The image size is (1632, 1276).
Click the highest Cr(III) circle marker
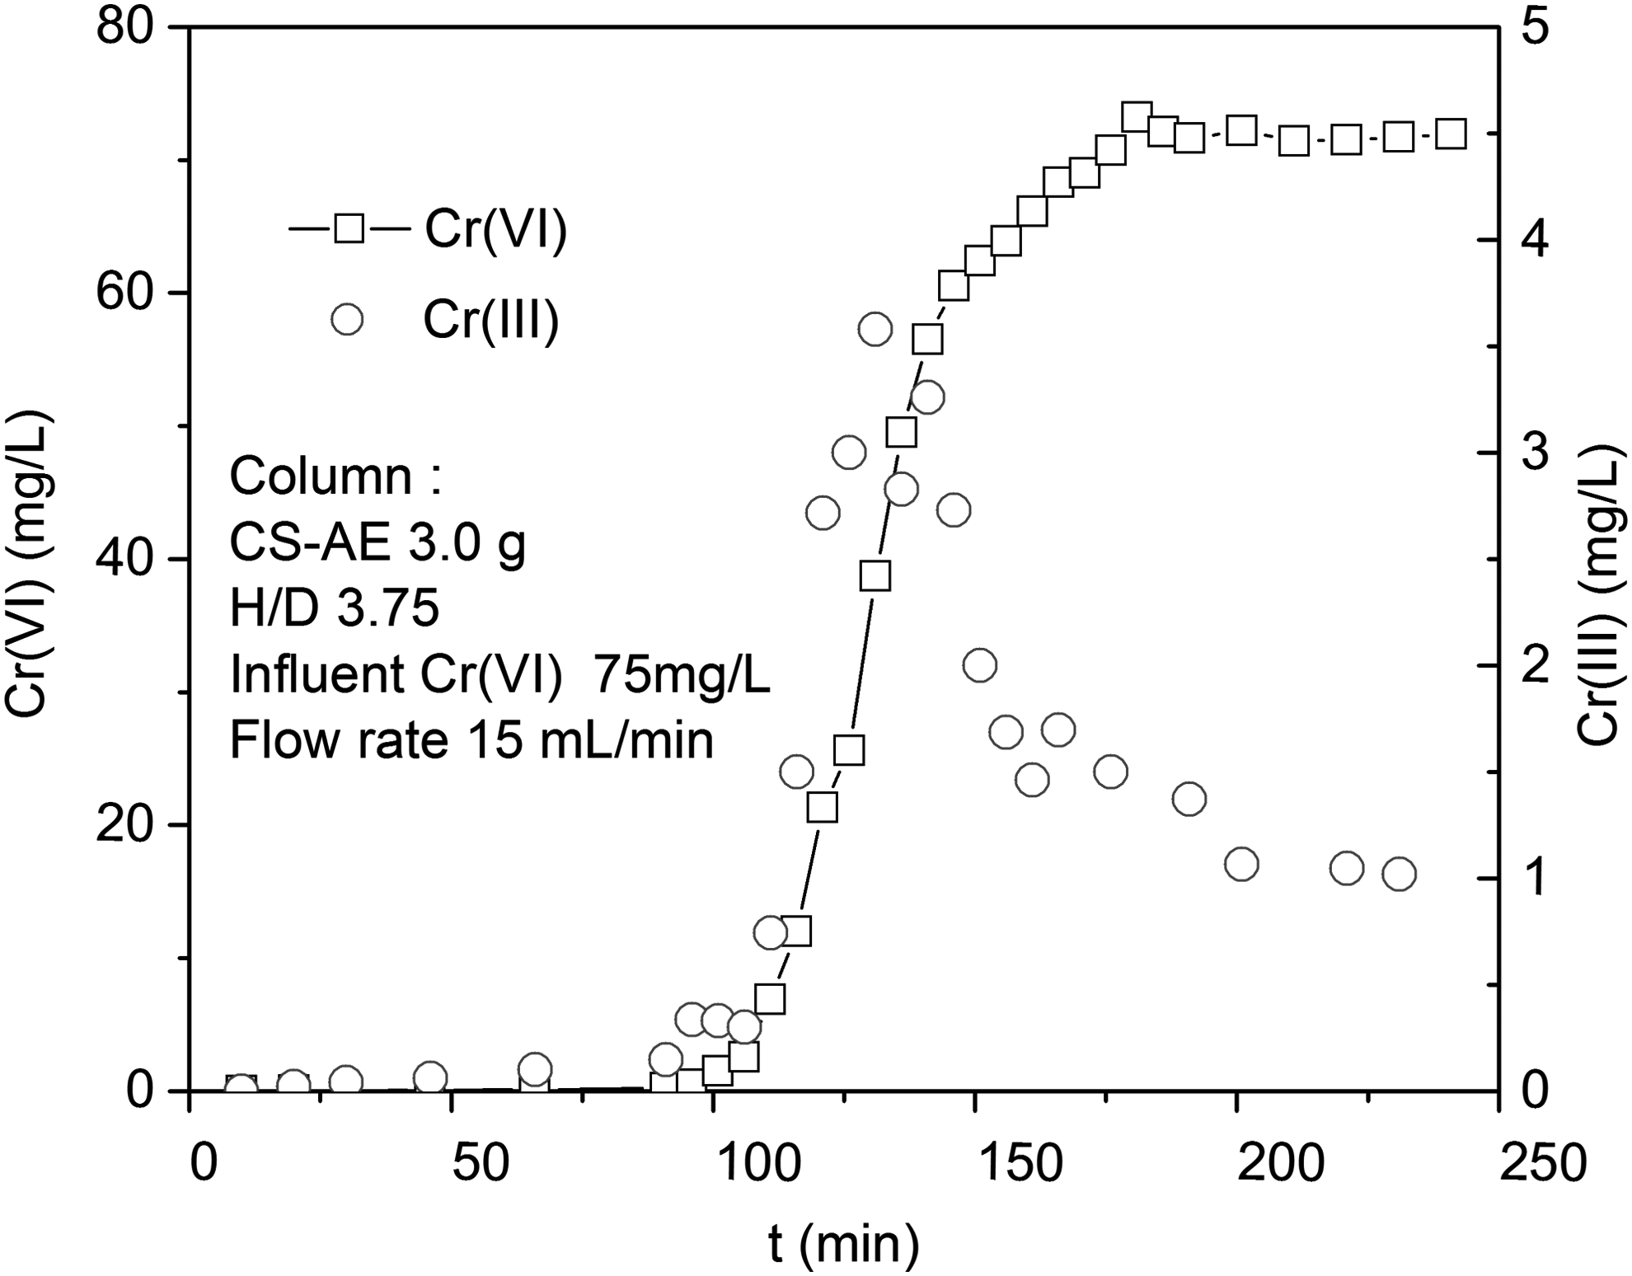(875, 330)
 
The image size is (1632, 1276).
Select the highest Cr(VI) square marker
(1137, 117)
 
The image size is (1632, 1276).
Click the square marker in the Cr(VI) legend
(349, 228)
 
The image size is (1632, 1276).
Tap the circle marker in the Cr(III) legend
(347, 319)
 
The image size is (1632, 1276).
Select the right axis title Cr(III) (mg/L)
(1602, 593)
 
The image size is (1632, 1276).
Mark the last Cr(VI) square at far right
(1451, 134)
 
